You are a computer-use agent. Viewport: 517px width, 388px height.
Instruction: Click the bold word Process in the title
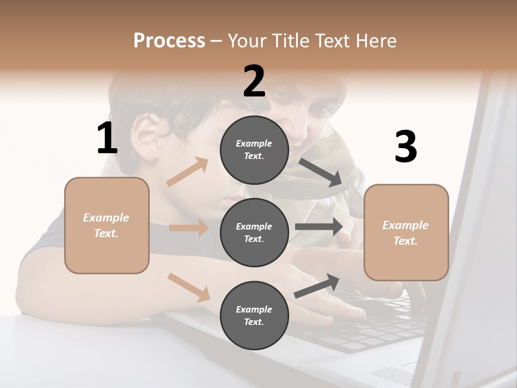click(x=169, y=41)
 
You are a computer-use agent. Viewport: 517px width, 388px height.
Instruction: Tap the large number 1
click(x=107, y=138)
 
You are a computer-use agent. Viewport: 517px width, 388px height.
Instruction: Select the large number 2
click(x=254, y=81)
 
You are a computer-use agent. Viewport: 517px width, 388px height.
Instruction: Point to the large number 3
click(x=406, y=147)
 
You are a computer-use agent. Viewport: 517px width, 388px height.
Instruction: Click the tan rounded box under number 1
click(x=107, y=225)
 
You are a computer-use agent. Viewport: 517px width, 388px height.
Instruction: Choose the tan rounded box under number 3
click(x=406, y=233)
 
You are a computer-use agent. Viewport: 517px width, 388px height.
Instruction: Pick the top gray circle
click(x=254, y=150)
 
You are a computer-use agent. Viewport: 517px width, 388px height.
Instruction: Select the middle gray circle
click(x=254, y=233)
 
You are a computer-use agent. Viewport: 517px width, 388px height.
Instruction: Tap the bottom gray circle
click(x=254, y=316)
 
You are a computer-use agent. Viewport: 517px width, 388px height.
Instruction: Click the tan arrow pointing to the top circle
click(x=187, y=172)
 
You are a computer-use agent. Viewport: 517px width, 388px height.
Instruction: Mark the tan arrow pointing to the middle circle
click(x=188, y=228)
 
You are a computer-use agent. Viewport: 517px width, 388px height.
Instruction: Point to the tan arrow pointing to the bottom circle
click(x=188, y=287)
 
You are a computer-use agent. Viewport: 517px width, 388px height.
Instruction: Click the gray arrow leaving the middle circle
click(x=319, y=227)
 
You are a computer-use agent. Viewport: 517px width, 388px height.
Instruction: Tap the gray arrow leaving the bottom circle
click(x=317, y=286)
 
